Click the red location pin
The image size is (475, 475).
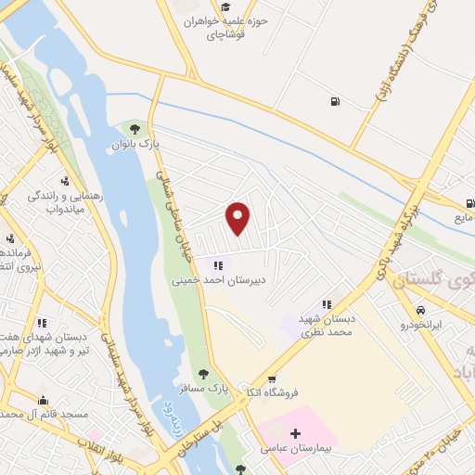[x=238, y=218]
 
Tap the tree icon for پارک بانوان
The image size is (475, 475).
[x=135, y=129]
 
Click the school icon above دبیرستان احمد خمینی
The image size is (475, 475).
[x=218, y=264]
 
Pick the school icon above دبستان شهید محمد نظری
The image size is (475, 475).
[x=327, y=303]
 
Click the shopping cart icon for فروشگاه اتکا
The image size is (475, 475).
[x=272, y=379]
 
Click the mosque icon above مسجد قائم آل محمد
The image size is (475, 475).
[x=43, y=401]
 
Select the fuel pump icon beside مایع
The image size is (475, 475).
[x=470, y=203]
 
